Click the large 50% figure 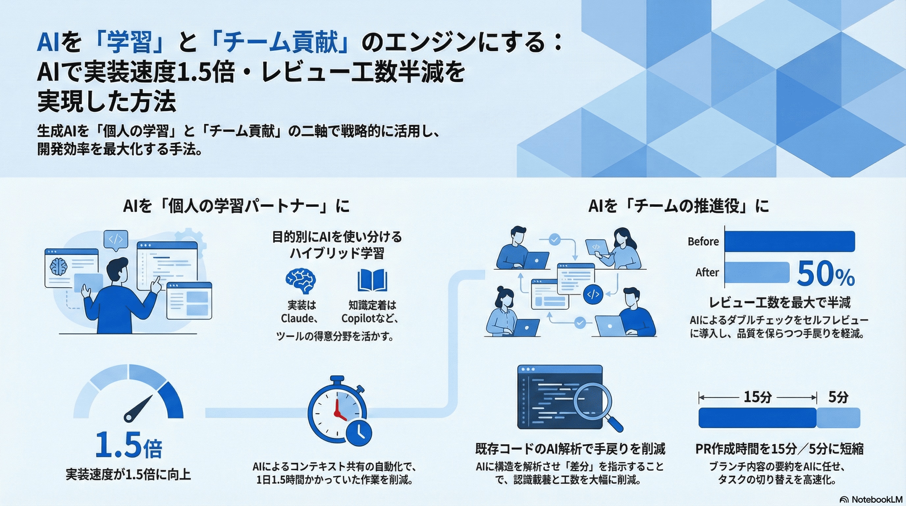pyautogui.click(x=825, y=274)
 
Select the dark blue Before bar pyautogui.click(x=789, y=241)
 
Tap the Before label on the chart pyautogui.click(x=703, y=241)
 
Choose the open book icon pyautogui.click(x=372, y=280)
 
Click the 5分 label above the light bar pyautogui.click(x=838, y=397)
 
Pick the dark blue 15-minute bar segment pyautogui.click(x=757, y=418)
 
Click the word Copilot pyautogui.click(x=358, y=319)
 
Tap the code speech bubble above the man pyautogui.click(x=115, y=239)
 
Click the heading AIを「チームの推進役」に pyautogui.click(x=679, y=206)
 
